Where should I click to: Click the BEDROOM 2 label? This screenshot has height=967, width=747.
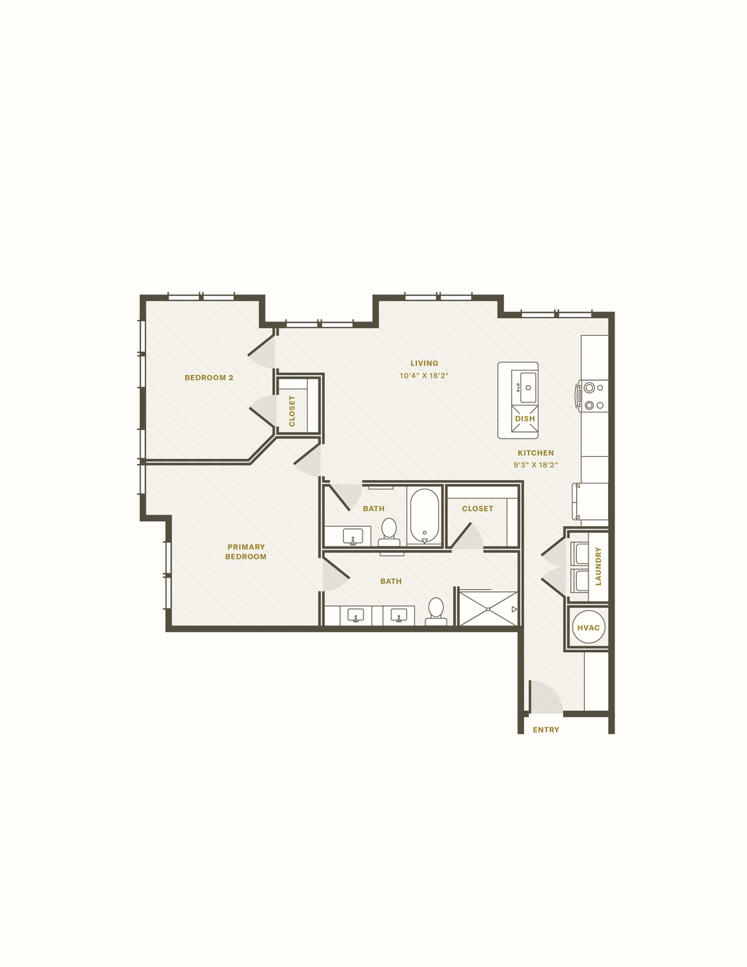pyautogui.click(x=208, y=377)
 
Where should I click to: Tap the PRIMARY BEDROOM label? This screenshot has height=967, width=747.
pyautogui.click(x=245, y=552)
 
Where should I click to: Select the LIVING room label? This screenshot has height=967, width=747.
pyautogui.click(x=424, y=363)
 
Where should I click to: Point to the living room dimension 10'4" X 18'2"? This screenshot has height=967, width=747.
pyautogui.click(x=423, y=375)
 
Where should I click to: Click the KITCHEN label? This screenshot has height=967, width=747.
pyautogui.click(x=536, y=452)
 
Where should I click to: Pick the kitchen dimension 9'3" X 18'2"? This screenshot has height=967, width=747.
pyautogui.click(x=536, y=465)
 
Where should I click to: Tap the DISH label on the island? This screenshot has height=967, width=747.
pyautogui.click(x=525, y=419)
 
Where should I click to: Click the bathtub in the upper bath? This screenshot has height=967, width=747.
pyautogui.click(x=424, y=516)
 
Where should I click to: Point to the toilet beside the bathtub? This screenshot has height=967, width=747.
pyautogui.click(x=389, y=532)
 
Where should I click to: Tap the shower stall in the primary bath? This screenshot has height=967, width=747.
pyautogui.click(x=488, y=608)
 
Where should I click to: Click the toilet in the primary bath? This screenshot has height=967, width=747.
pyautogui.click(x=436, y=611)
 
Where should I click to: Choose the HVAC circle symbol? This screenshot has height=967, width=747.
pyautogui.click(x=588, y=628)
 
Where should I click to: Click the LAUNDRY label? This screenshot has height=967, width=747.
pyautogui.click(x=598, y=566)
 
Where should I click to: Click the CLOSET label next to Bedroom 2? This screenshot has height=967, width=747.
pyautogui.click(x=292, y=410)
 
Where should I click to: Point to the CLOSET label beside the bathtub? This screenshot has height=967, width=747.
pyautogui.click(x=478, y=508)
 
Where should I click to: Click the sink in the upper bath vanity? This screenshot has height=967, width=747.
pyautogui.click(x=353, y=536)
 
